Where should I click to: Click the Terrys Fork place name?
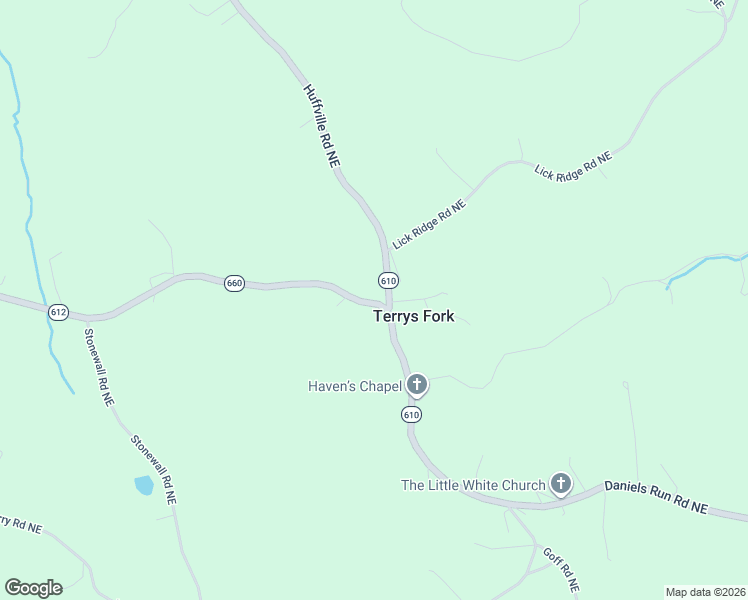click(413, 316)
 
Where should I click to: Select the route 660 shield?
click(234, 283)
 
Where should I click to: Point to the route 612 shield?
click(58, 312)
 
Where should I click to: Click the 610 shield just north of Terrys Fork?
click(388, 280)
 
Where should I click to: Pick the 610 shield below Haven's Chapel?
click(411, 414)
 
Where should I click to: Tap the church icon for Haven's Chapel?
click(417, 385)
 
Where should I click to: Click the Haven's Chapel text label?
click(354, 385)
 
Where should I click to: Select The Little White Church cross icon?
click(561, 485)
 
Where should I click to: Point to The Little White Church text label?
click(473, 485)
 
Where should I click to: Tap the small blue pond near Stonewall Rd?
click(144, 486)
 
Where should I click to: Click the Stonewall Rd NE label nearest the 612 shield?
click(99, 367)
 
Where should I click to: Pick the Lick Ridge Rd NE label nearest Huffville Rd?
click(430, 224)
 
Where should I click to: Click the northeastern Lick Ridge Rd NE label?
click(573, 162)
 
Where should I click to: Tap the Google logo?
click(33, 588)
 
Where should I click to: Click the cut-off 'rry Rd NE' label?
click(20, 524)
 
